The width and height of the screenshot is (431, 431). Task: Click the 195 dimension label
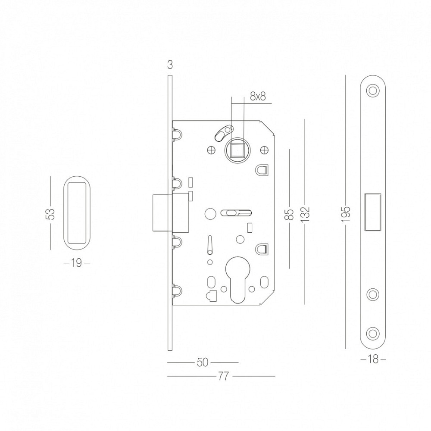tap(347, 214)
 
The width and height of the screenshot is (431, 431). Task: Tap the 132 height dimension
tap(305, 214)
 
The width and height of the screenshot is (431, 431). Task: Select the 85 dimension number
tap(290, 214)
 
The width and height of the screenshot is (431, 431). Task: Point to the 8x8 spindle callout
tap(258, 96)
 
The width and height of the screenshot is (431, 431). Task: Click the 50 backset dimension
tap(203, 362)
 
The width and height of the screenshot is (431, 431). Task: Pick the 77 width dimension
tap(223, 376)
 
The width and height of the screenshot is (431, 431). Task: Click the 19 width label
tap(77, 263)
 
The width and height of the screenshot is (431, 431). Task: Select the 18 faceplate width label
tap(373, 359)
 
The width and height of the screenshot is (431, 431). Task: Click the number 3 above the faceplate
tap(170, 65)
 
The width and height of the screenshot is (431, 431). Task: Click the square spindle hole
tap(237, 150)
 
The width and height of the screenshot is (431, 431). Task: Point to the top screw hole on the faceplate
tap(373, 91)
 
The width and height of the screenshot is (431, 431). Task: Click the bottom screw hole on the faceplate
tap(373, 334)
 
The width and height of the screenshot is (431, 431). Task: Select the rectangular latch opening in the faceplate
tap(373, 212)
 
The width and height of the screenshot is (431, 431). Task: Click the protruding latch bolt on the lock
tap(160, 213)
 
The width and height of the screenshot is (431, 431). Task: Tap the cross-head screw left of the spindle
tap(210, 150)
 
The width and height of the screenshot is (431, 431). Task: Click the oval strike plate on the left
tap(77, 213)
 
